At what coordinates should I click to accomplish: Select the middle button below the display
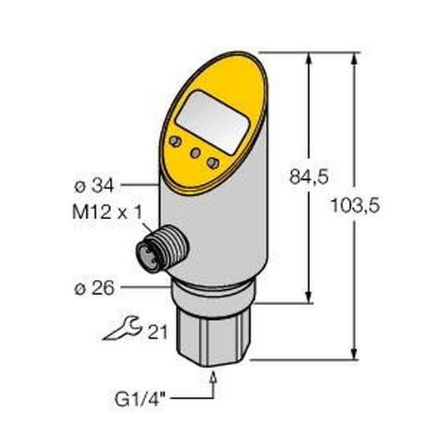[194, 152]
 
